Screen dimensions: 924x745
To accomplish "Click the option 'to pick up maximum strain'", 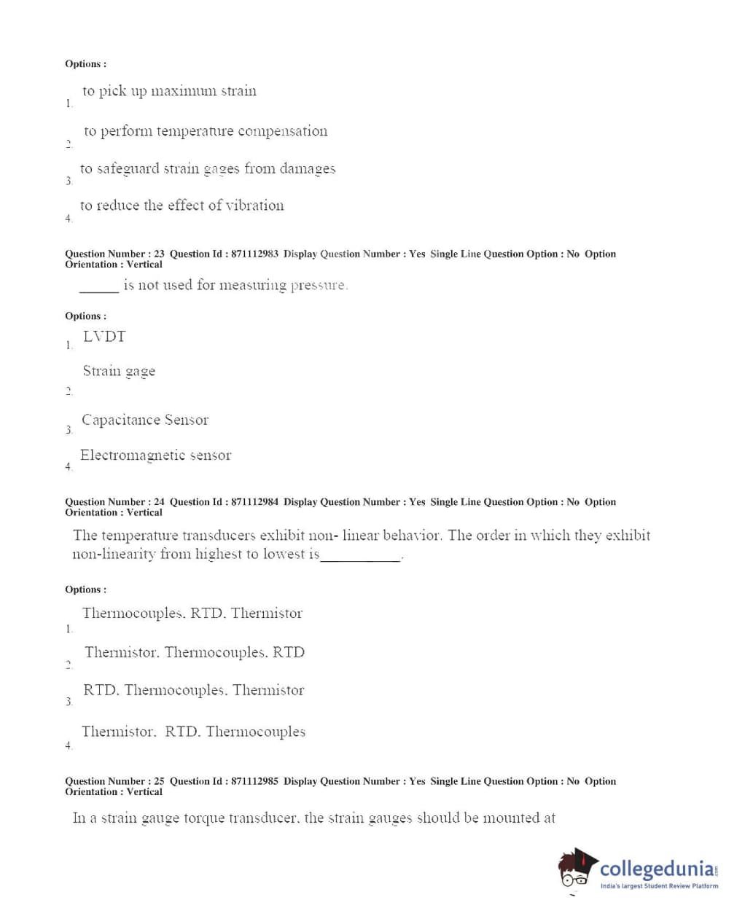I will click(169, 91).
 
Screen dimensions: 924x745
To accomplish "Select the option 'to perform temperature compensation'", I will click(206, 131).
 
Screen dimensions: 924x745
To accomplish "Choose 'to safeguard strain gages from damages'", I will click(208, 169).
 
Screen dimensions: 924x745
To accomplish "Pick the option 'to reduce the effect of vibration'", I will click(182, 205).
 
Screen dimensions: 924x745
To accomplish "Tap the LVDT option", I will click(104, 337).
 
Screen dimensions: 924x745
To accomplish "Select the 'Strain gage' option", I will click(119, 372).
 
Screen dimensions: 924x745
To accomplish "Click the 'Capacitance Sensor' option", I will click(145, 420).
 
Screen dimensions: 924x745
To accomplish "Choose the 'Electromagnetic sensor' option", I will click(155, 455).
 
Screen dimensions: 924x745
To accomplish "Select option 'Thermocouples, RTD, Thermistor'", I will click(192, 614).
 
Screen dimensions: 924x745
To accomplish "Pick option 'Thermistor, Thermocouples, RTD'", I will click(195, 652).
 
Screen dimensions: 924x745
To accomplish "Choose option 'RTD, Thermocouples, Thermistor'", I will click(193, 690).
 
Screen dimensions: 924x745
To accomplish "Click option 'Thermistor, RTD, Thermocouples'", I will click(193, 732).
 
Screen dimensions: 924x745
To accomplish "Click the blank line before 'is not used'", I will click(98, 289).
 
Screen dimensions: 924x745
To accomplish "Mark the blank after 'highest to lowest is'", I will click(361, 558).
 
